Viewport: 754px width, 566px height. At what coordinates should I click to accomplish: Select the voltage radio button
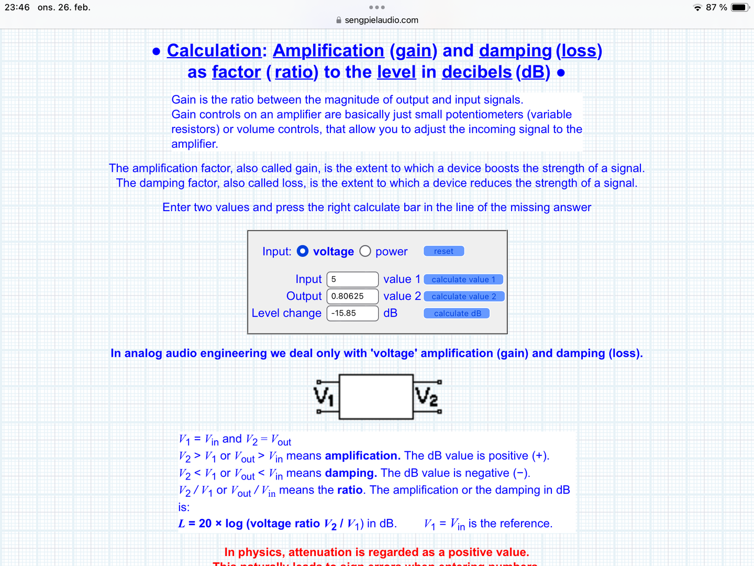click(x=303, y=252)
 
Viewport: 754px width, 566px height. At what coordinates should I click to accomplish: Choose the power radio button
click(x=365, y=252)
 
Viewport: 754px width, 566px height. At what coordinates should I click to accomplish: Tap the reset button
click(x=443, y=252)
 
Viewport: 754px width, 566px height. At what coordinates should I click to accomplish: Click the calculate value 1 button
click(x=463, y=279)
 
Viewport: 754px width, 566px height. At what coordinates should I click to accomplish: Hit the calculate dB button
click(x=457, y=313)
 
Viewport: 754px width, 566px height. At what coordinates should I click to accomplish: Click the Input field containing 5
click(x=352, y=279)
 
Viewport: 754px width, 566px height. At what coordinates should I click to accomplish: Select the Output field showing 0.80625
click(x=352, y=296)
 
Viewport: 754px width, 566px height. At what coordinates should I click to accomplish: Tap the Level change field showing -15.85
click(x=352, y=313)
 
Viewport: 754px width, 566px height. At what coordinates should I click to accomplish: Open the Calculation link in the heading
click(x=214, y=51)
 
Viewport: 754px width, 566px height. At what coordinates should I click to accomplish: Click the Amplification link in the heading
click(x=328, y=51)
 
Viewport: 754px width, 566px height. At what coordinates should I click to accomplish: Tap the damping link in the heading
click(x=515, y=51)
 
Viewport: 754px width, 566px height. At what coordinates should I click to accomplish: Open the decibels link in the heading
click(x=476, y=72)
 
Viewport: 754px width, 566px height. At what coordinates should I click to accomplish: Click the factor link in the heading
click(x=236, y=72)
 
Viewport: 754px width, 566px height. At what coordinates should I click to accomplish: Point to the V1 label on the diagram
click(x=324, y=396)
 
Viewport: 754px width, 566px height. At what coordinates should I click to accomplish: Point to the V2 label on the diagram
click(x=426, y=396)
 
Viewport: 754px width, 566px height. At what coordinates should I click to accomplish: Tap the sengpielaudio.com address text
click(x=381, y=20)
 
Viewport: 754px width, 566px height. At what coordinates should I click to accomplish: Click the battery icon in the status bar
click(x=739, y=7)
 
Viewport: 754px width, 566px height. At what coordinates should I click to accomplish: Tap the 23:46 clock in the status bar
click(x=17, y=7)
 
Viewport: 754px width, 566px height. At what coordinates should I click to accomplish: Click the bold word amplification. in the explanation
click(x=362, y=456)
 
